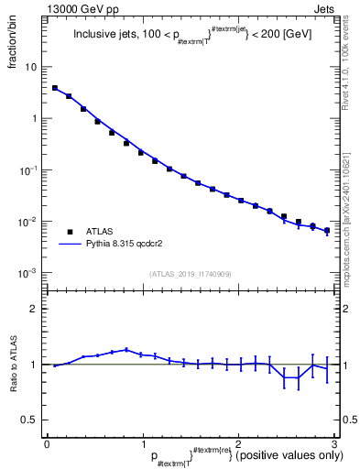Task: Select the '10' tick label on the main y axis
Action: pyautogui.click(x=30, y=67)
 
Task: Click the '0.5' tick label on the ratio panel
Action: pyautogui.click(x=29, y=420)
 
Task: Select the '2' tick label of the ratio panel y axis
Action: pyautogui.click(x=33, y=309)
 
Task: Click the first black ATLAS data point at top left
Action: pyautogui.click(x=55, y=89)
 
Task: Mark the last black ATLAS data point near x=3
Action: pyautogui.click(x=327, y=231)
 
